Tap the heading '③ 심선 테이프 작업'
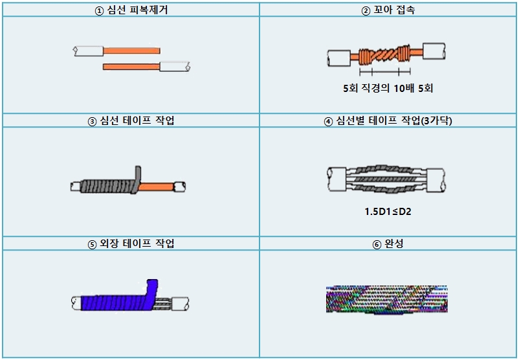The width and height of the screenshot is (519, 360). click(131, 121)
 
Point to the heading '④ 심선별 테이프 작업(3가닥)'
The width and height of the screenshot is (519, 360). click(389, 121)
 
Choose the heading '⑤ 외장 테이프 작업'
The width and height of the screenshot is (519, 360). click(131, 244)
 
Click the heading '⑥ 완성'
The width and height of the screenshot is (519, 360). click(389, 244)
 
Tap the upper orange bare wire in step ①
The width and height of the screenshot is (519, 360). click(132, 50)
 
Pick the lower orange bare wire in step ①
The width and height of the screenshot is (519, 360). click(131, 66)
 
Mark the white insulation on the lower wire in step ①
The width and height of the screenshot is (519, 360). click(173, 66)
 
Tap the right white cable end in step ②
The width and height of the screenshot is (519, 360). click(432, 51)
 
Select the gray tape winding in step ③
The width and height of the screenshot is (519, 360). click(106, 186)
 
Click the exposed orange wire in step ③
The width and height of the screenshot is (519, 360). click(157, 186)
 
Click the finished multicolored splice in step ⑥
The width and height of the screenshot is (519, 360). click(387, 300)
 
